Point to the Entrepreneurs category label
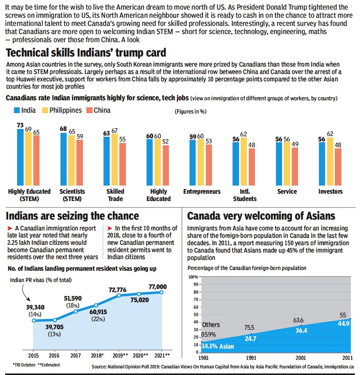coord(202,192)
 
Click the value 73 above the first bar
coord(20,125)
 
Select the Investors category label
coord(331,192)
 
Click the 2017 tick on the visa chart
coord(76,355)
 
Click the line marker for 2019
coord(119,296)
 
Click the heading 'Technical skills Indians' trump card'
coord(86,53)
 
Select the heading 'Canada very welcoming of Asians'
coord(261,215)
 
